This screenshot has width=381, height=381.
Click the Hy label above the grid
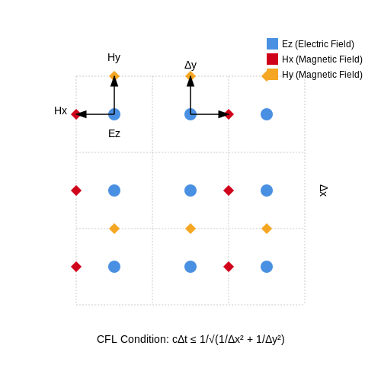click(114, 58)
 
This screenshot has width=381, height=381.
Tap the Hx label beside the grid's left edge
click(60, 110)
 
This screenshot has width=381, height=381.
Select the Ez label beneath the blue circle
click(114, 133)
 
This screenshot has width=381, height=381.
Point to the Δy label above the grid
click(190, 66)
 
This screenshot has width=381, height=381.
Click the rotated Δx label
click(323, 190)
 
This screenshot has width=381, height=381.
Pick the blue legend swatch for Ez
click(272, 43)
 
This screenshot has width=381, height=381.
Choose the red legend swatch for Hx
click(272, 59)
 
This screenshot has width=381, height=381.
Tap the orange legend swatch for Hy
click(271, 75)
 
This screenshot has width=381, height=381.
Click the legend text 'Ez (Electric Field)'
click(318, 44)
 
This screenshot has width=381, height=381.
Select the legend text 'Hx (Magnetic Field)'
click(322, 59)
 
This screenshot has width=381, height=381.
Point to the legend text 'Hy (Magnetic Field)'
click(322, 75)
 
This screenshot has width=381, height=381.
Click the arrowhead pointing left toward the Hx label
click(82, 114)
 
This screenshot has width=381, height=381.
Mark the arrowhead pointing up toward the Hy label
click(114, 82)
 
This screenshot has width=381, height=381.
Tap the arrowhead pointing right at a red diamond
click(223, 114)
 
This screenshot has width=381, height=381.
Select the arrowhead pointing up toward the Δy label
click(190, 82)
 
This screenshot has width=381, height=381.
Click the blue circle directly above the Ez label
click(114, 114)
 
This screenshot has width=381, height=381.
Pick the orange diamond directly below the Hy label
click(114, 76)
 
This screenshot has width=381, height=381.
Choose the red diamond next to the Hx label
click(76, 114)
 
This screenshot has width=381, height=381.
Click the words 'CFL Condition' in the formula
click(131, 339)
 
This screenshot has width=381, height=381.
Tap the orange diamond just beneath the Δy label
click(190, 76)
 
